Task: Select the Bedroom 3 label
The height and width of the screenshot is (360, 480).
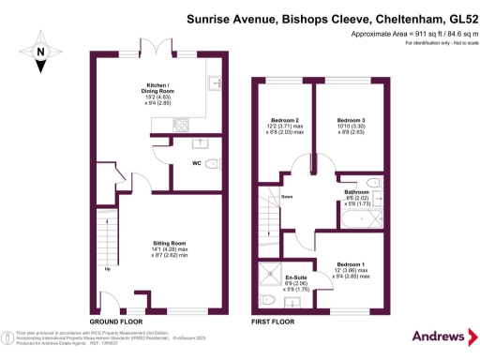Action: [x=351, y=121]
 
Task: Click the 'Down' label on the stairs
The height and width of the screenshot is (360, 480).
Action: [x=288, y=197]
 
